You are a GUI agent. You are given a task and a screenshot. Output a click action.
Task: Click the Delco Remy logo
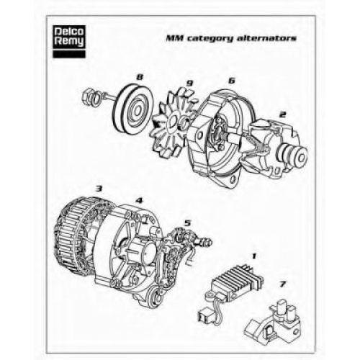(x=69, y=42)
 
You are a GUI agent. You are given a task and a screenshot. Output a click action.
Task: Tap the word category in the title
(x=210, y=38)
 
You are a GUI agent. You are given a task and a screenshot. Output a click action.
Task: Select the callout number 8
(x=139, y=77)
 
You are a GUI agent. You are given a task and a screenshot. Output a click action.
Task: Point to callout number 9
(x=189, y=84)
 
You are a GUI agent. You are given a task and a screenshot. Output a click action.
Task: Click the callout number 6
(x=231, y=81)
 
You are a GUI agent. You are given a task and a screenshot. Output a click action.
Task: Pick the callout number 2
(x=282, y=114)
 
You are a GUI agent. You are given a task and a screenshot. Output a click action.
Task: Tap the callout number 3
(x=99, y=189)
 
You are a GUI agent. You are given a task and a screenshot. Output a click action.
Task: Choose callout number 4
(x=139, y=200)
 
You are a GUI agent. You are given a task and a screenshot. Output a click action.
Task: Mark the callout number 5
(x=187, y=223)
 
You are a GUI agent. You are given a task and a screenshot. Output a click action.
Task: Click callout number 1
(x=254, y=256)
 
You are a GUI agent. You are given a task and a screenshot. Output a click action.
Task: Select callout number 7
(x=282, y=284)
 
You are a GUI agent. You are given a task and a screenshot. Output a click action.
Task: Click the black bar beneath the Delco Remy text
(x=69, y=54)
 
